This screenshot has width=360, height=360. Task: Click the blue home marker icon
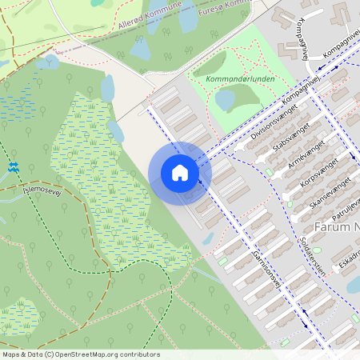tap(180, 173)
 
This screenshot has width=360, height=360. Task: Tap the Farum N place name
tap(336, 227)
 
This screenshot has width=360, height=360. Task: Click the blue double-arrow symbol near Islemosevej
tap(14, 167)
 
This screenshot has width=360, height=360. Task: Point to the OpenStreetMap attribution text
tap(80, 354)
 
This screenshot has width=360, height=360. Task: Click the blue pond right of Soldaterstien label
tap(353, 284)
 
